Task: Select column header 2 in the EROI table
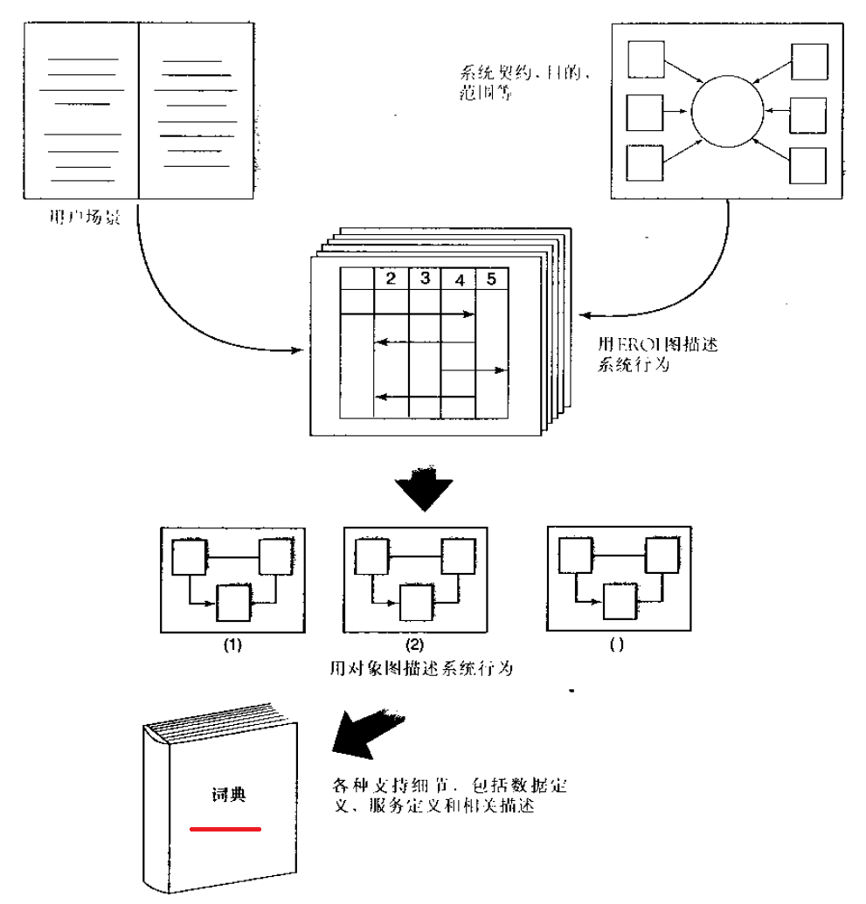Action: (x=391, y=279)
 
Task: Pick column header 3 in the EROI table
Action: (x=425, y=279)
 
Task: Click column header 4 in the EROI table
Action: (x=459, y=279)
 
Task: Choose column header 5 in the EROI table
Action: (x=491, y=279)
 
